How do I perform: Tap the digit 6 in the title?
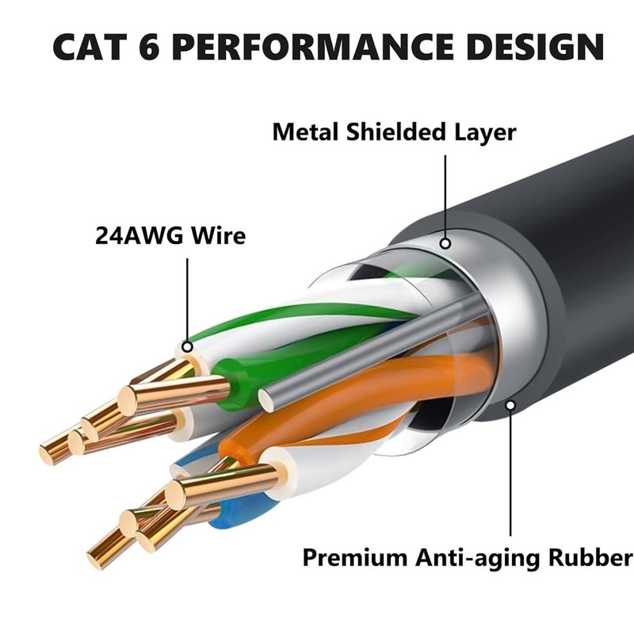tap(147, 47)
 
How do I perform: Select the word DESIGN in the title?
tap(533, 47)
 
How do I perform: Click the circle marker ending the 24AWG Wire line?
tap(188, 346)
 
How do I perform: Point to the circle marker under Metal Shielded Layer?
tap(445, 244)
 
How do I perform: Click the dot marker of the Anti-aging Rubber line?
tap(511, 406)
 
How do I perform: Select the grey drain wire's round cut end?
tap(267, 400)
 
